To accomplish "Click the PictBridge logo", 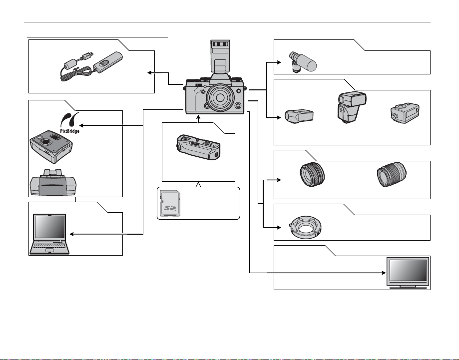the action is (69, 123).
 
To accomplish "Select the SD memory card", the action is (170, 203).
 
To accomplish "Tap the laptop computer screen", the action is (49, 227).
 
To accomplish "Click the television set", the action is (408, 273).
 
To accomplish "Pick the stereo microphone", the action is (302, 61).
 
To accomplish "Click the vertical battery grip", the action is (198, 147).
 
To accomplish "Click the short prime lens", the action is (312, 175).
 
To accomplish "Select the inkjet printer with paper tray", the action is (53, 182).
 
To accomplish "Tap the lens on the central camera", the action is (220, 97).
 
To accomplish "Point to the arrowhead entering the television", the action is (384, 273).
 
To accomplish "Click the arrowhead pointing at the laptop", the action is (72, 234).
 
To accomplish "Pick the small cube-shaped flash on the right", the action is (405, 113).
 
